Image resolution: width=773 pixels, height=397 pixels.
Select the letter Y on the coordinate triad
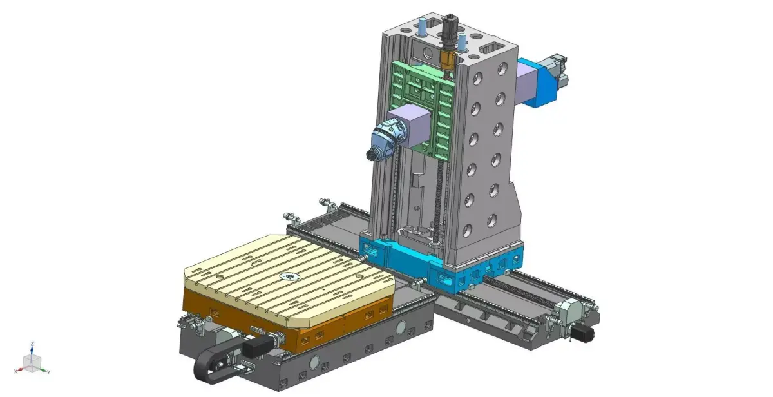click(48, 372)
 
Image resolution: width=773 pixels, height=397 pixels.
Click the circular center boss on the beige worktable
click(288, 277)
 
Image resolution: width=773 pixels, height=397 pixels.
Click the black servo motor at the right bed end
click(582, 333)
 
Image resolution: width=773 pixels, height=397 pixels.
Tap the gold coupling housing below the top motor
click(447, 61)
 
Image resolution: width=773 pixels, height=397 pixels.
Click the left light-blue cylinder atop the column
click(423, 28)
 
